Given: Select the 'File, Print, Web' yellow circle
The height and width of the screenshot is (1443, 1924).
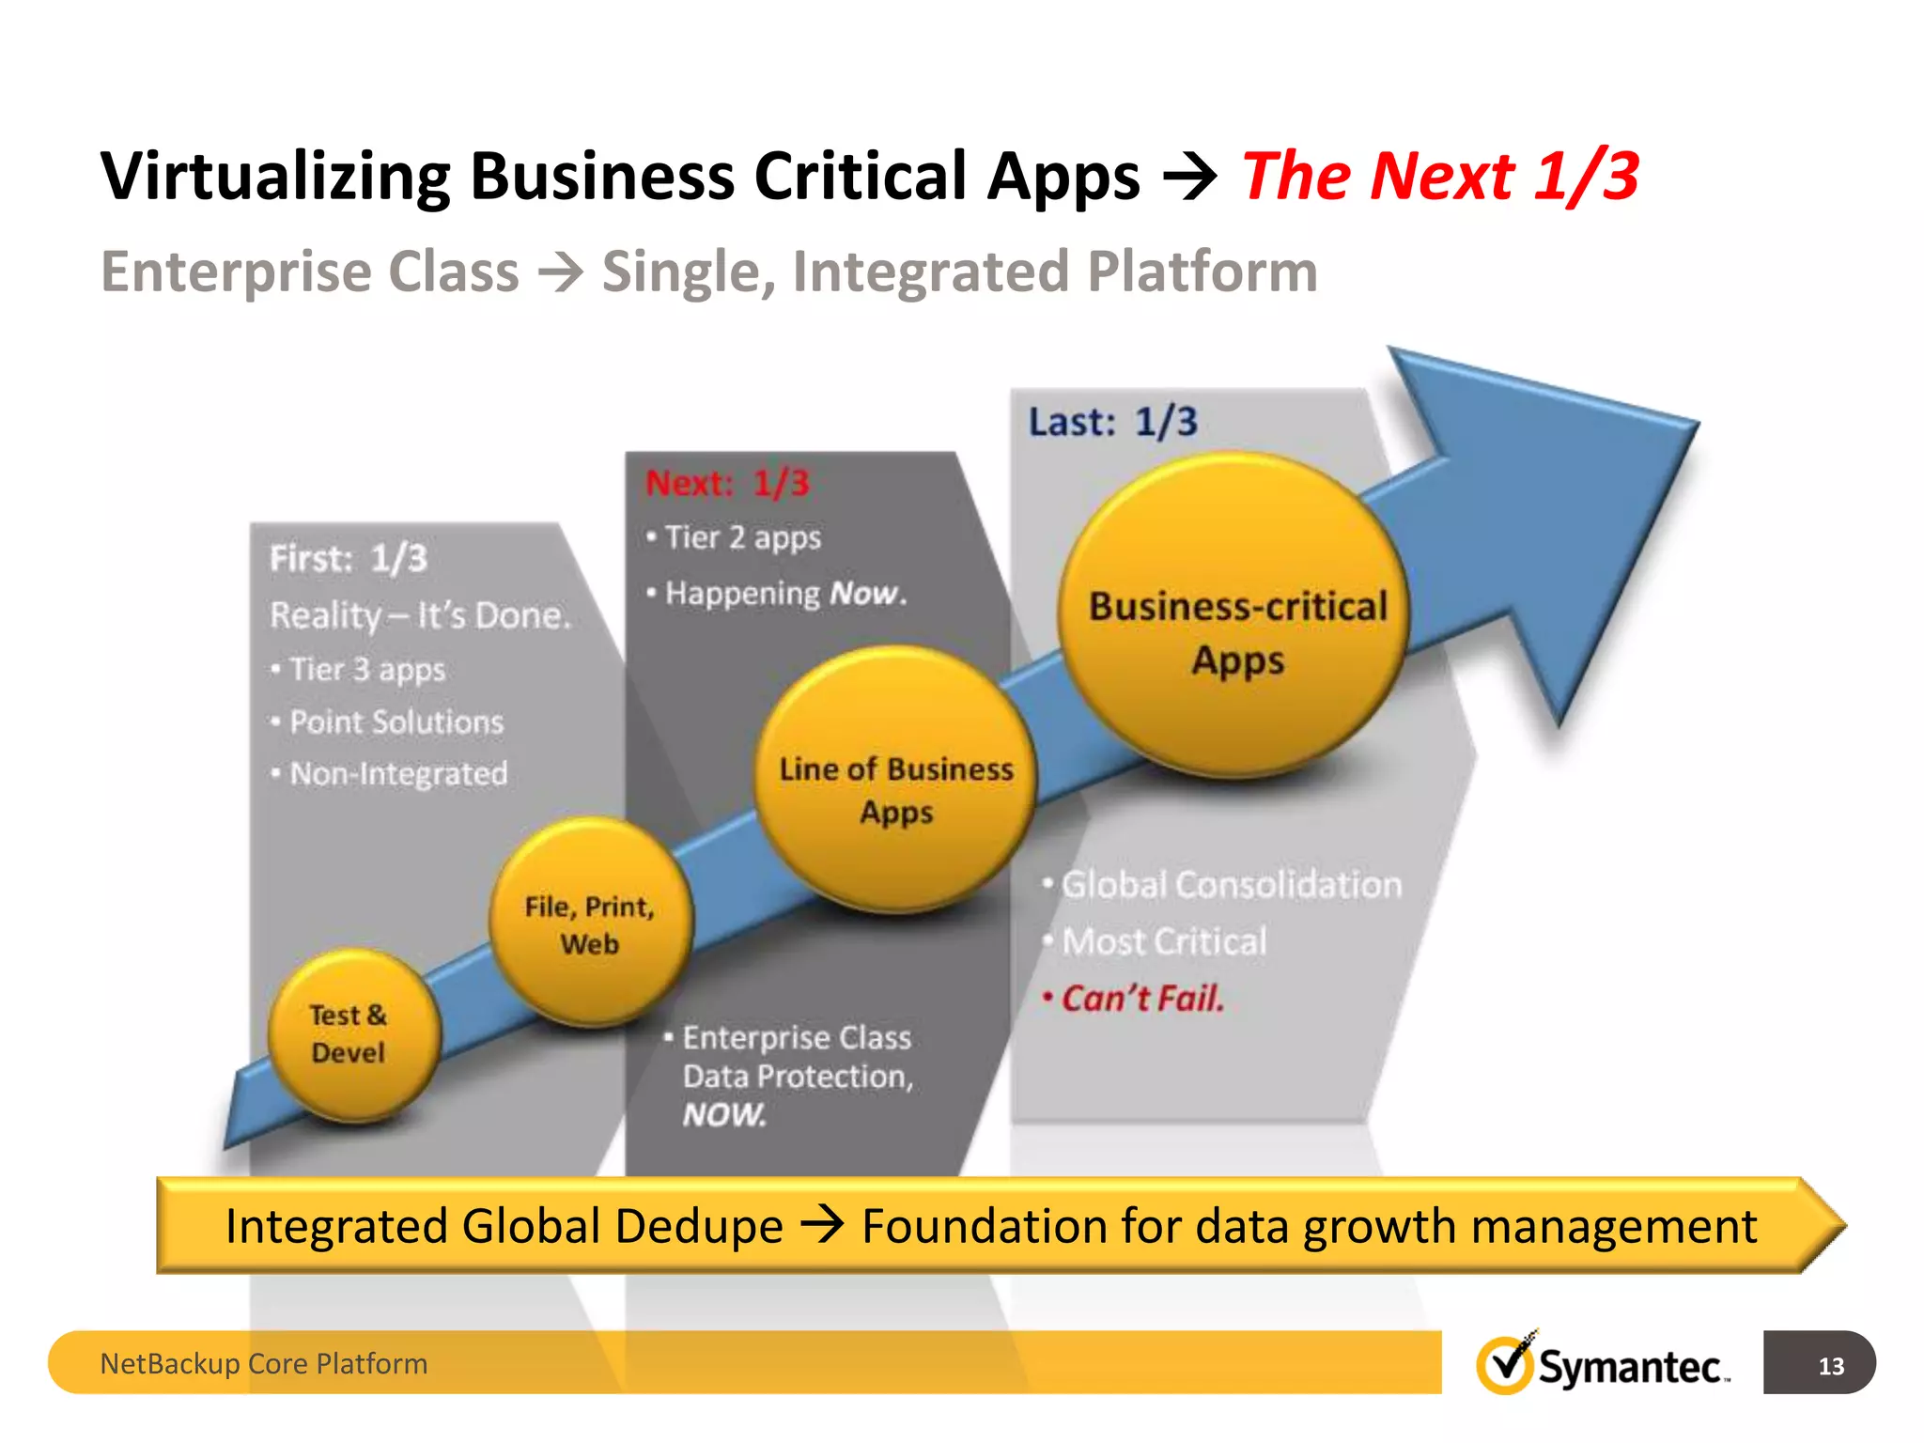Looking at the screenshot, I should click(x=590, y=923).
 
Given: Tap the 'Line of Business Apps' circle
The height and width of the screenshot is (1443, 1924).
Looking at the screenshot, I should click(x=896, y=780).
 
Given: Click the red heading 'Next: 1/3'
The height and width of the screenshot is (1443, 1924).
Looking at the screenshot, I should click(x=727, y=483).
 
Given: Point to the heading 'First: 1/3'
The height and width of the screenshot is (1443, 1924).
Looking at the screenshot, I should click(x=349, y=558).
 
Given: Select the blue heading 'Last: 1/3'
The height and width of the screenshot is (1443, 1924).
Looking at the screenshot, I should click(x=1112, y=422).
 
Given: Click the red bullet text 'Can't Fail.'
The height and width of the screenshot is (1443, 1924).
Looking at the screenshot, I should click(x=1142, y=998).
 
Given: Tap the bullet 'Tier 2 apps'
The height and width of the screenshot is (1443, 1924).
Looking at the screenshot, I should click(x=742, y=537).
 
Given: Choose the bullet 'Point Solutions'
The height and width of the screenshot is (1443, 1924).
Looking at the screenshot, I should click(x=396, y=721).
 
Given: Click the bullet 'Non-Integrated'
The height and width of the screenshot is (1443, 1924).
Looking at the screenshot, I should click(x=398, y=774).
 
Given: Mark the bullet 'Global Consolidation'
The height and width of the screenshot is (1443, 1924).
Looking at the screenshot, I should click(x=1231, y=885).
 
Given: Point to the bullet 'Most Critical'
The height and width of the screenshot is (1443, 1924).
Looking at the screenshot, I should click(x=1163, y=941).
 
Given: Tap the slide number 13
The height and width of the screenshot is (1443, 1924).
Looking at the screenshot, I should click(x=1830, y=1365).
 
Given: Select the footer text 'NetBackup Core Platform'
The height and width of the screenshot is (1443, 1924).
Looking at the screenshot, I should click(x=264, y=1363).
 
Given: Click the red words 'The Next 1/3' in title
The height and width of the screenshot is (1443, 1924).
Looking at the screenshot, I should click(x=1440, y=176).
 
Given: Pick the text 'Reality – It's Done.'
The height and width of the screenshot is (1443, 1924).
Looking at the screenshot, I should click(x=420, y=615).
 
